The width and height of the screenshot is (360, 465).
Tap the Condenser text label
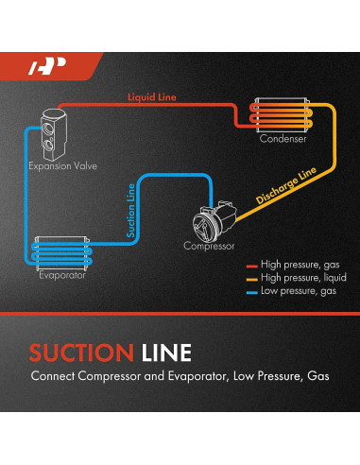coord(283,140)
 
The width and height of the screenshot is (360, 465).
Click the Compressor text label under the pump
coord(210,248)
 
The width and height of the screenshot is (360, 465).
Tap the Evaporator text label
coord(63,275)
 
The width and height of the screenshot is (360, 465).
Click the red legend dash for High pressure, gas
coord(251,266)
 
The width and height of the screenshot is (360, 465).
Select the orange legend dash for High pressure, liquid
coord(251,279)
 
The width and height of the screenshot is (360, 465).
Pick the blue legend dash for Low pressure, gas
coord(251,292)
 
